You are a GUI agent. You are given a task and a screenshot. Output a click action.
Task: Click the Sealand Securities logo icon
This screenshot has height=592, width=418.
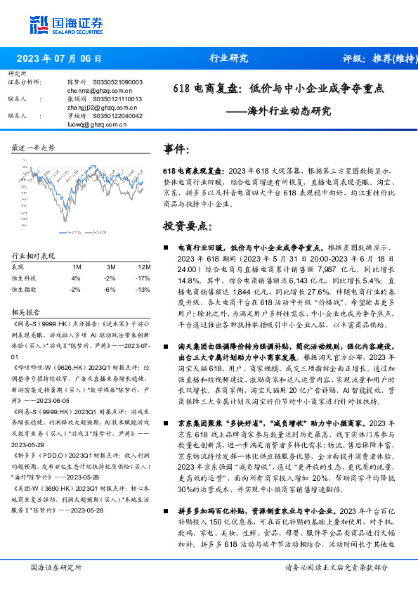tap(39, 24)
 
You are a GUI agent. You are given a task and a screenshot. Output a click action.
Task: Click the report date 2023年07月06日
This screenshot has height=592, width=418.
tap(58, 58)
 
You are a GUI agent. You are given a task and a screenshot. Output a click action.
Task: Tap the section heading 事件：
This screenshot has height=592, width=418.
tap(176, 150)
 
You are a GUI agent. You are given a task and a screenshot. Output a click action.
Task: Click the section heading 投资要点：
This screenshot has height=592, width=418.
tap(188, 227)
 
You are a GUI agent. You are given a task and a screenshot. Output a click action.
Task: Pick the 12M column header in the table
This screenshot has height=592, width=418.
tap(143, 267)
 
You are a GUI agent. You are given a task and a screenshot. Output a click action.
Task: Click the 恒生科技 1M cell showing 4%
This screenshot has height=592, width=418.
tap(76, 278)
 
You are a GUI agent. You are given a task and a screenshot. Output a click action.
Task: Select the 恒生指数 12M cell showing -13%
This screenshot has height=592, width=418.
tap(143, 289)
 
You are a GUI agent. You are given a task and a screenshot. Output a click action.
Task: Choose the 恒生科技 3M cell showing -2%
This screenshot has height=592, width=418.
tap(110, 278)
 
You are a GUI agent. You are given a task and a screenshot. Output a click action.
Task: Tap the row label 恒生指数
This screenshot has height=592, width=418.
tap(24, 289)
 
